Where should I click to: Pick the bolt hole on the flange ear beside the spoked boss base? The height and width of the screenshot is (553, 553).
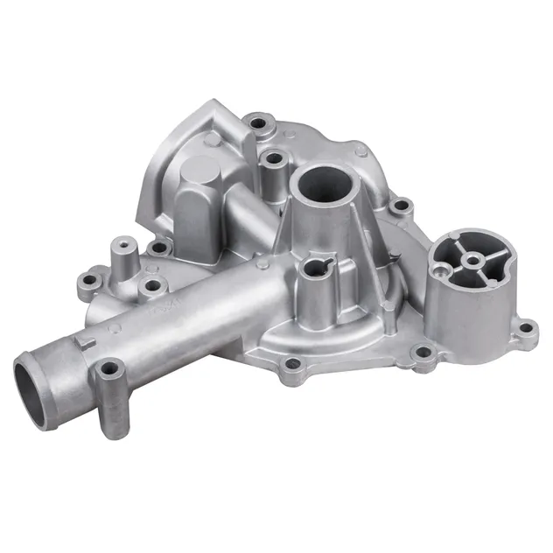click(525, 329)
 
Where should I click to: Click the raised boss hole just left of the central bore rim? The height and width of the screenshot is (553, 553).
click(275, 160)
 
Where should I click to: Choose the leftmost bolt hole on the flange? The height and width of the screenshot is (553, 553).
click(85, 284)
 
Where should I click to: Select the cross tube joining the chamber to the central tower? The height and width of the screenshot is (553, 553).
click(249, 219)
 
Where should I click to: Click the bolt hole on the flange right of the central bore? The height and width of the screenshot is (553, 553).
click(402, 206)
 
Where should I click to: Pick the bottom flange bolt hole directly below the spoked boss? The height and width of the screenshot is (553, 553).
click(423, 353)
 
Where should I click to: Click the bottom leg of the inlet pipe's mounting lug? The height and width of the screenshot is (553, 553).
click(112, 420)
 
